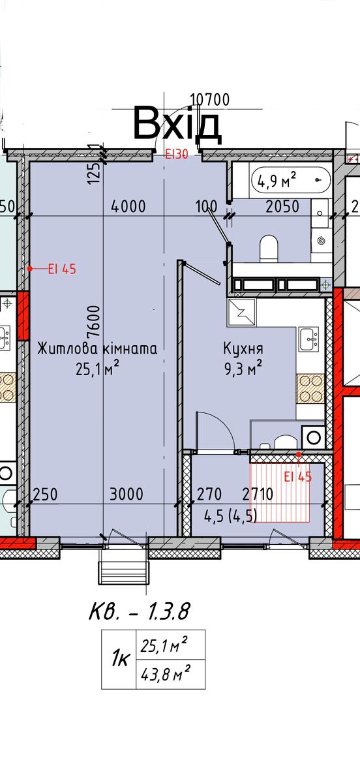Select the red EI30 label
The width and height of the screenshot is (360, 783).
176,155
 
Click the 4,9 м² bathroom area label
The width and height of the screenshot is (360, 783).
277,179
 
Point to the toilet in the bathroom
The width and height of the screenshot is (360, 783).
269,247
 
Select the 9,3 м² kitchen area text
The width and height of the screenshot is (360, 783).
241,367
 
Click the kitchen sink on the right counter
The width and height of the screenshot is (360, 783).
308,338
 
